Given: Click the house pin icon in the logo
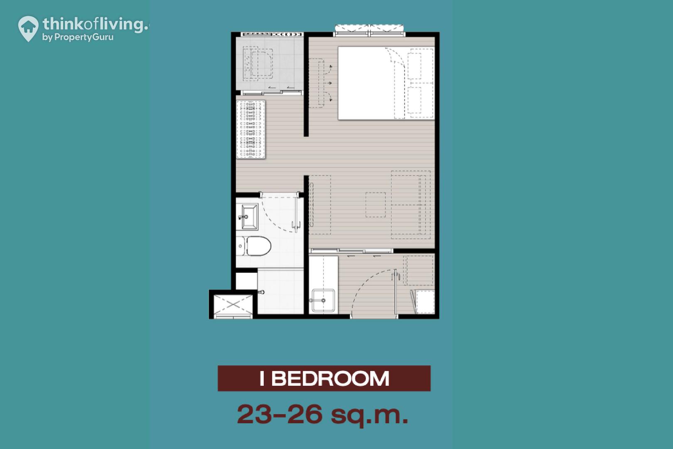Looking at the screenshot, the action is tap(28, 28).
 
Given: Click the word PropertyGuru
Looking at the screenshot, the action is tap(84, 37).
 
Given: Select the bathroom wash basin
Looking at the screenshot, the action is tap(247, 217).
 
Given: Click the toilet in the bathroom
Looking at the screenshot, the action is tap(253, 246).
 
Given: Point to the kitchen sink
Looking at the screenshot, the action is tap(323, 301).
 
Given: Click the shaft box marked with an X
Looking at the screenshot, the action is tap(233, 304).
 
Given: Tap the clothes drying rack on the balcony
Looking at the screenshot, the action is tap(251, 129).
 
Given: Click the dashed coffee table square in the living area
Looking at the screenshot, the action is tap(376, 205).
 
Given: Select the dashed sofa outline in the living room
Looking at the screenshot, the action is tap(411, 205).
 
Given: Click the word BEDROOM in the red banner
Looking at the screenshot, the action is tap(330, 378).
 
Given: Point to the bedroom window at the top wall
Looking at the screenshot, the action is tap(370, 31).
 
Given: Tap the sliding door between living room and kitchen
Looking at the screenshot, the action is tap(351, 251).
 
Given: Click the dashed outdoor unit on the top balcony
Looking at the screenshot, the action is tap(258, 64).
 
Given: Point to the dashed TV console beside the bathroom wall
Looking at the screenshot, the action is tap(320, 205).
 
